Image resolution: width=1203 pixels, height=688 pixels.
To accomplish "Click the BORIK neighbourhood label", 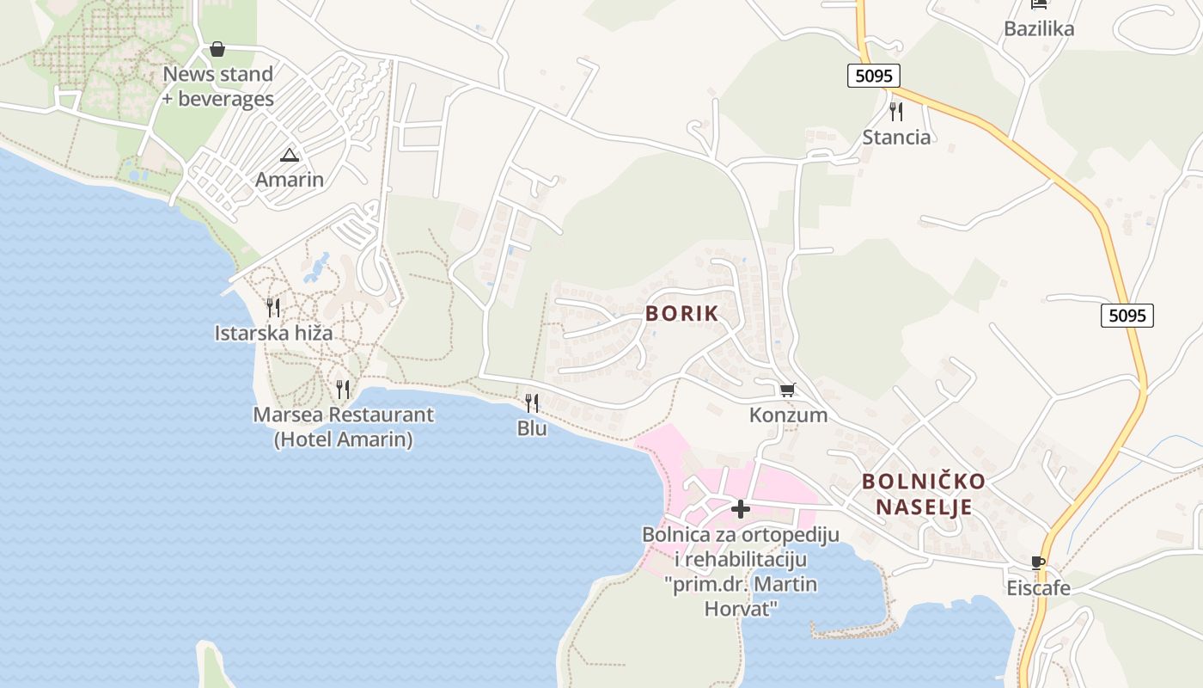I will (x=681, y=314).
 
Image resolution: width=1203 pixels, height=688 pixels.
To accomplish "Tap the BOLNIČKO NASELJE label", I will (x=924, y=494).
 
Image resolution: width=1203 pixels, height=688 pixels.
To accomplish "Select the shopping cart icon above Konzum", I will (x=787, y=390).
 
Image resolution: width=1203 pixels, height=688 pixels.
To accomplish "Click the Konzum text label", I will (x=788, y=415).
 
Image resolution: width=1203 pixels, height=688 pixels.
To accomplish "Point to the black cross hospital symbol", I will (x=740, y=509).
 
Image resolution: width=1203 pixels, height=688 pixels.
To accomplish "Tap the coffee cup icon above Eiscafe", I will (x=1039, y=563).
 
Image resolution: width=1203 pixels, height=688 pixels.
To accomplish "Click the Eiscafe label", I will (x=1039, y=588).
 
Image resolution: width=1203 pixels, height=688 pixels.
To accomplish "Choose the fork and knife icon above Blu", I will (x=532, y=402).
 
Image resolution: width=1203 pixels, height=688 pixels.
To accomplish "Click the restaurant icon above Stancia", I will (x=896, y=111).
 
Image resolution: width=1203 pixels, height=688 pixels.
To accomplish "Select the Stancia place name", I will (x=896, y=137).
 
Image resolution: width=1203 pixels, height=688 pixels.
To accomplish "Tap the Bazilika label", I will (x=1039, y=28).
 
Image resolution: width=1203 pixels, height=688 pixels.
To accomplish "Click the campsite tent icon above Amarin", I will (x=289, y=155).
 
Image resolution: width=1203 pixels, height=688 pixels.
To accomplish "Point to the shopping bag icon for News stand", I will (x=217, y=49).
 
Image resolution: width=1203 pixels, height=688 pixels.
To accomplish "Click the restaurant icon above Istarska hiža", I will (x=273, y=307).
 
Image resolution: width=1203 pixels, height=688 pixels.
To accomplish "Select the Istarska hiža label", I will (x=273, y=333).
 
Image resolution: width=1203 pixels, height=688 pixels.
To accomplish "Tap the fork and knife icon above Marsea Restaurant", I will (x=343, y=389).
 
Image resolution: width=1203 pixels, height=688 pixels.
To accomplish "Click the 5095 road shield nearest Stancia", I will (x=874, y=76).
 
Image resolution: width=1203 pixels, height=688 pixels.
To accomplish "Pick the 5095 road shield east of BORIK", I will (x=1127, y=316).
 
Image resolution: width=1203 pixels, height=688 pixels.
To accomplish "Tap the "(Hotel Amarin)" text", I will (x=343, y=439).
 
